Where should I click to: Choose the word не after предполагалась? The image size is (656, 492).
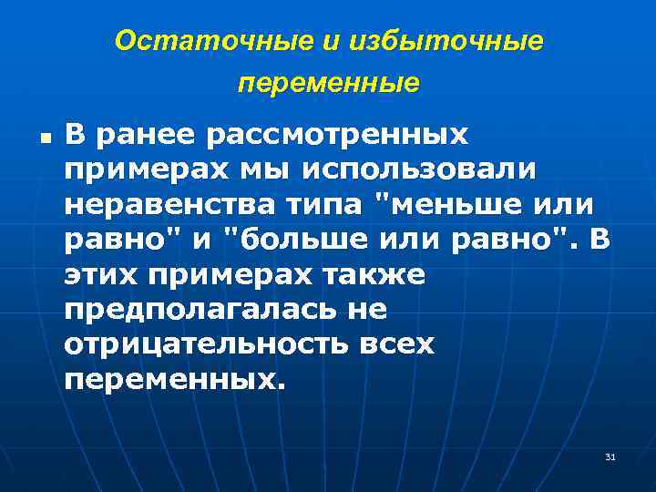tap(368, 310)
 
